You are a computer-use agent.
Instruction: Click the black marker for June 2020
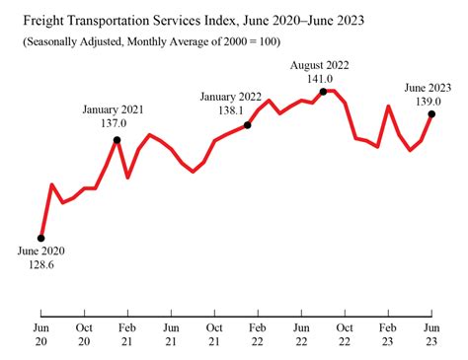pos(40,238)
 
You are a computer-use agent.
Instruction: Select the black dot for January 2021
pos(117,140)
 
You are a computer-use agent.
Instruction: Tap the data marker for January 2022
pos(247,125)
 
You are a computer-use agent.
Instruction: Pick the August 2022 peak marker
pos(323,91)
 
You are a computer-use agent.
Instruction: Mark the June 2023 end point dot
pos(431,114)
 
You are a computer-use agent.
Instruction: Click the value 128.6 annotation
pos(40,267)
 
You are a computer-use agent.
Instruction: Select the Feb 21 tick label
pos(127,334)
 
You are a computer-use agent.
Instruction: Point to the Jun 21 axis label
pos(171,334)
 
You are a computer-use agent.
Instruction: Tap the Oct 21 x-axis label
pos(214,334)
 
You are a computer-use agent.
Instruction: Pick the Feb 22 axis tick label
pos(258,334)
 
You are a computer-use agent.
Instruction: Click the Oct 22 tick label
pos(345,334)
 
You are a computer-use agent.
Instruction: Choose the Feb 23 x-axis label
pos(388,334)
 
